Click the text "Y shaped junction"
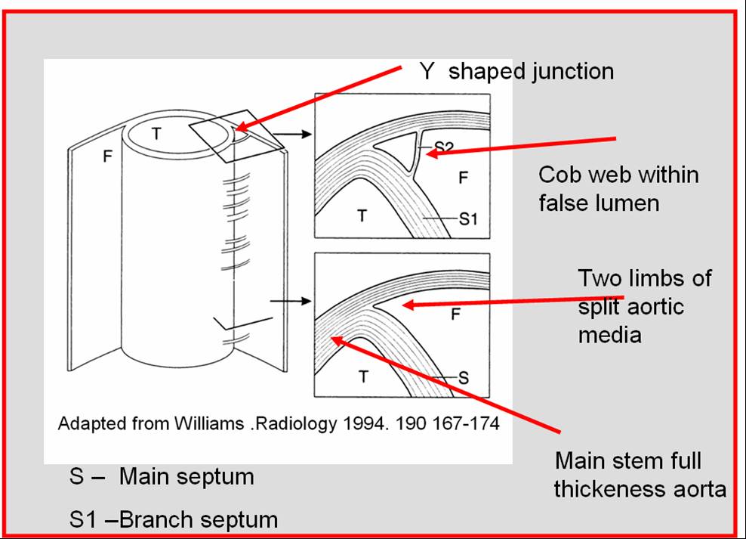point(516,72)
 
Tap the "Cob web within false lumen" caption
point(618,188)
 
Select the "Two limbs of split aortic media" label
point(644,305)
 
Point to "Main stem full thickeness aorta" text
point(640,475)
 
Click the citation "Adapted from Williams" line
point(279,423)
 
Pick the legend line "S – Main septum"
point(162,477)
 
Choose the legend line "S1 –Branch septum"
point(173,520)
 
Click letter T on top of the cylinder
point(156,134)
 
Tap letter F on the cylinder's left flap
point(107,156)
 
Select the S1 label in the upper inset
point(469,219)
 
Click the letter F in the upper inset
point(464,178)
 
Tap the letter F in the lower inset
point(455,314)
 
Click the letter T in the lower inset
point(363,376)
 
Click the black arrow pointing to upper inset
point(292,135)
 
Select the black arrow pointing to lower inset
point(290,301)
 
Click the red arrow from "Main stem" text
point(445,386)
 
